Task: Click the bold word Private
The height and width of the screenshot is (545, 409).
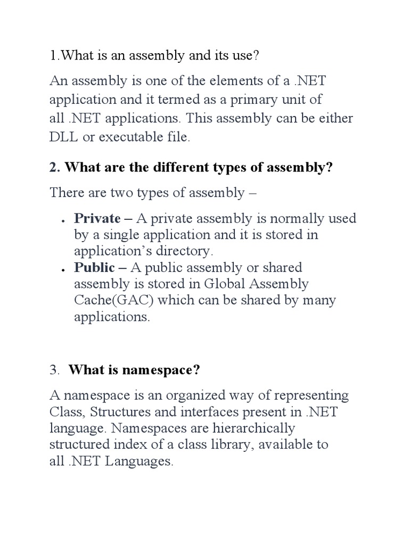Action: pos(97,218)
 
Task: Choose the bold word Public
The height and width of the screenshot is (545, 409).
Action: pos(94,267)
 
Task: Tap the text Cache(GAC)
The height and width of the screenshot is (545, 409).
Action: pos(112,300)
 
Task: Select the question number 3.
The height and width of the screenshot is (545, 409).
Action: pos(54,370)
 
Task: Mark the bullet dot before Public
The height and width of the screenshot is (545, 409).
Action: pos(63,269)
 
